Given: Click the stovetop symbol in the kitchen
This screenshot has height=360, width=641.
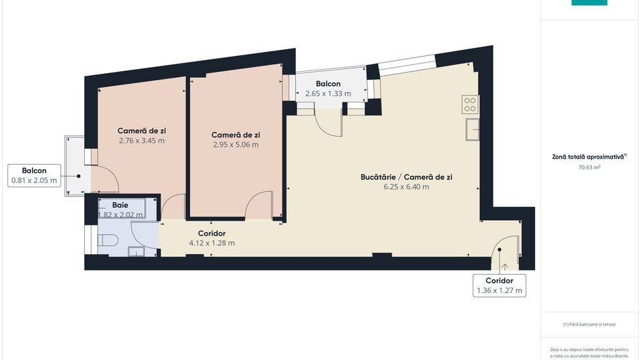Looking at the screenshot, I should (x=470, y=105).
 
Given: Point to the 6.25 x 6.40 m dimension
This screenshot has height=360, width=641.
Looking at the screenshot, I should (x=406, y=186).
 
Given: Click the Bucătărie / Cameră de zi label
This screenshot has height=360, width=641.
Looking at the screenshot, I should (x=406, y=176).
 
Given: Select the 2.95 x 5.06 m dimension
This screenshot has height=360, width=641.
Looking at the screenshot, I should (x=235, y=144).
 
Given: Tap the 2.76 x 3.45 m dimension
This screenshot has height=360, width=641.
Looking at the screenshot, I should (x=141, y=140).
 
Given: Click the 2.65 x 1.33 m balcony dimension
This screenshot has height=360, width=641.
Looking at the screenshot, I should (x=328, y=94).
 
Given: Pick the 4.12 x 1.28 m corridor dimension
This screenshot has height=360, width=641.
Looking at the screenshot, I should (x=211, y=243).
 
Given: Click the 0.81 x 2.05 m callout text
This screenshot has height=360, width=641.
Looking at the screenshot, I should (x=34, y=180).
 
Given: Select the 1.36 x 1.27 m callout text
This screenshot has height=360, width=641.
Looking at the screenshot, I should (x=499, y=290).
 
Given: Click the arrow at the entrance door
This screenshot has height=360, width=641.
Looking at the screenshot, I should (x=504, y=266).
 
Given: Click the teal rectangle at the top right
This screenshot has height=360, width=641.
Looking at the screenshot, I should (x=589, y=2).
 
